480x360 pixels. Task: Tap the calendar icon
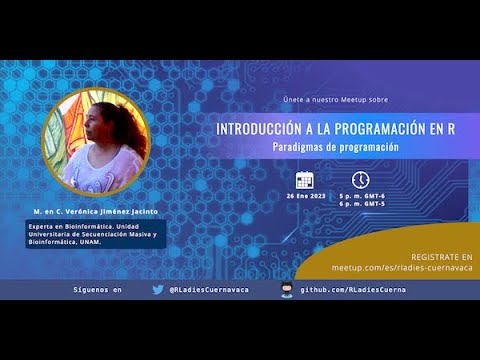tap(305, 180)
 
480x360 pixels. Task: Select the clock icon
tap(360, 180)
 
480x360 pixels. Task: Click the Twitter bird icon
tap(158, 289)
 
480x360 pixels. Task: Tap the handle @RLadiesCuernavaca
tap(209, 290)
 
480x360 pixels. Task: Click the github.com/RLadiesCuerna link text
tap(355, 290)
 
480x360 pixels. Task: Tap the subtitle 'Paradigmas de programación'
tap(335, 147)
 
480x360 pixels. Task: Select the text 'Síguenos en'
tap(98, 290)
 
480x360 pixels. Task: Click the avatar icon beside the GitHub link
tap(286, 289)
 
